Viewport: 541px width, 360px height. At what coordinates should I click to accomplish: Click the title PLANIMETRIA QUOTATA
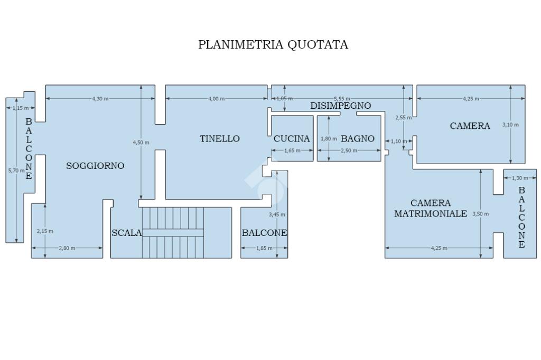coord(273,44)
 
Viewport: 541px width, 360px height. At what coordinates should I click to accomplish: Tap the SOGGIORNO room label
coord(95,166)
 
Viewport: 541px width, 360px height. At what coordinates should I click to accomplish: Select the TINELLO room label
coord(220,139)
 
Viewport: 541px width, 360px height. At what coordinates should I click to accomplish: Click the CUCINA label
coord(292,139)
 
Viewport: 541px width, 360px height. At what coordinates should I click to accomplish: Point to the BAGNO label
coord(358,139)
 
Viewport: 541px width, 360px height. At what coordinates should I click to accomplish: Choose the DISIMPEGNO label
coord(340,106)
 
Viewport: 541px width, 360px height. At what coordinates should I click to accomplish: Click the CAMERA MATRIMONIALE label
coord(431,209)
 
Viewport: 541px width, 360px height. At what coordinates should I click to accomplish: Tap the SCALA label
coord(126,233)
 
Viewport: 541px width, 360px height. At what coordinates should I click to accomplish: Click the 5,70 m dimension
coord(16,170)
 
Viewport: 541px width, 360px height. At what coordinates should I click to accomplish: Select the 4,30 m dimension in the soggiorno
coord(100,99)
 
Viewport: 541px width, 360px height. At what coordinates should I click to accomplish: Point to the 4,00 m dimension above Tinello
coord(216,99)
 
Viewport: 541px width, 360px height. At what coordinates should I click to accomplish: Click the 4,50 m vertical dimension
coord(141,143)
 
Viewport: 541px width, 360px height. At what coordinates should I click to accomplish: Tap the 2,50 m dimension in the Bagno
coord(349,150)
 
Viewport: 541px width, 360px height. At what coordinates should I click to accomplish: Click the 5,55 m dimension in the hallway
coord(341,99)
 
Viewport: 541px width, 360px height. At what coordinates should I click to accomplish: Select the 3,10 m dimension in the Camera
coord(511,125)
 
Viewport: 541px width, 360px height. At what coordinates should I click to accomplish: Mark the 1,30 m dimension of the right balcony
coord(520,178)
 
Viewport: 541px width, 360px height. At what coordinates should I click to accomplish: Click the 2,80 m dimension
coord(67,248)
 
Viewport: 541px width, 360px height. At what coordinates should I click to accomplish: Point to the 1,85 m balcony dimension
coord(264,248)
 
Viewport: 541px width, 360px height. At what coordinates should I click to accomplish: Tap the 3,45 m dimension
coord(277,214)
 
